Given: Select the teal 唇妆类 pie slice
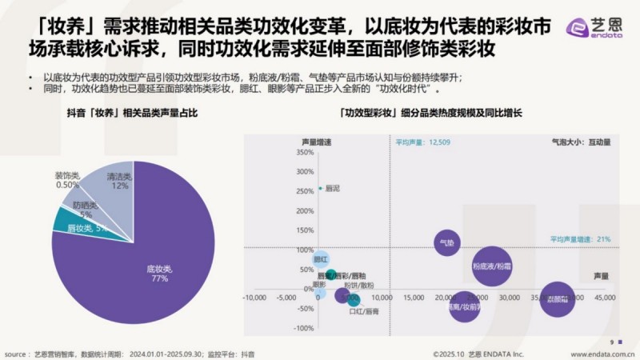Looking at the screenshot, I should tap(66, 224).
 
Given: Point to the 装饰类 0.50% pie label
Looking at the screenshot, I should tap(67, 180).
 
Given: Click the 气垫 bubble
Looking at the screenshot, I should tap(447, 242).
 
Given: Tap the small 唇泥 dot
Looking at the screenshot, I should tap(320, 189).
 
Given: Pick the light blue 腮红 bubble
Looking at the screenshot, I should tap(320, 259).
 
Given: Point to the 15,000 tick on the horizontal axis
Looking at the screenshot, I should tap(414, 298).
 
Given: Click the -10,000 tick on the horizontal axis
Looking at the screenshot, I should tap(254, 298).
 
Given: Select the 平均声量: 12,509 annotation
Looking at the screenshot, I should tap(423, 142).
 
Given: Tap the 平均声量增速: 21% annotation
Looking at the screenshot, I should tap(580, 238).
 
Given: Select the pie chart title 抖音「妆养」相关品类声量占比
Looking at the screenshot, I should tap(131, 114).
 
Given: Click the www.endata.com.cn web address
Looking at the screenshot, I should tap(604, 353).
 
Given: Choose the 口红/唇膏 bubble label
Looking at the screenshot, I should tap(364, 312).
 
